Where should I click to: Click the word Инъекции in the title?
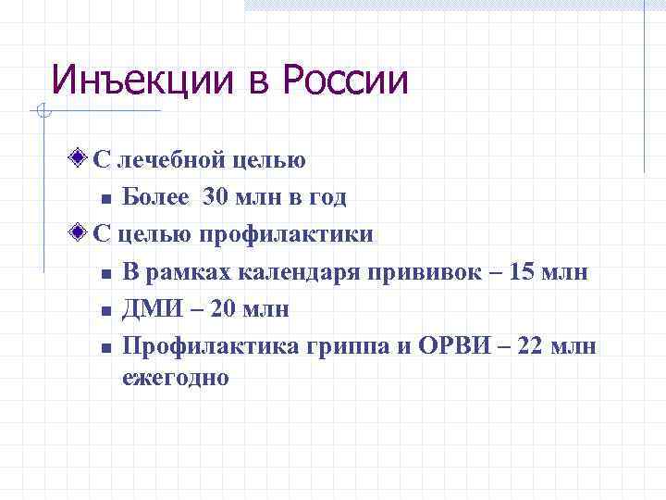(142, 81)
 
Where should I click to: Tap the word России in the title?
(345, 81)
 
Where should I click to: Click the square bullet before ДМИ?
(105, 310)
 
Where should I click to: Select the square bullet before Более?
(105, 198)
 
